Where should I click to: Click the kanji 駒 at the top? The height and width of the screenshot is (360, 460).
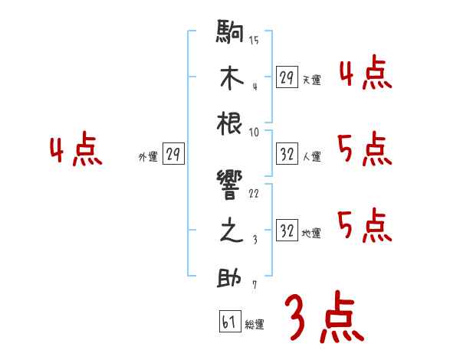(x=230, y=33)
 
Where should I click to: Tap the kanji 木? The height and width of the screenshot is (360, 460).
(x=230, y=79)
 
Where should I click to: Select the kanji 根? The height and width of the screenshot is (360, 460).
(x=230, y=124)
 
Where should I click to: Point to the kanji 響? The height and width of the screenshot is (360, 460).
(x=230, y=186)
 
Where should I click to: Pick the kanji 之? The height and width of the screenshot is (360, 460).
(x=230, y=232)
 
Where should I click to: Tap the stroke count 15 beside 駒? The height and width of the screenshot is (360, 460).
(x=255, y=41)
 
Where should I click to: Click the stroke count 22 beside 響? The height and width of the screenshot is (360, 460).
(x=254, y=194)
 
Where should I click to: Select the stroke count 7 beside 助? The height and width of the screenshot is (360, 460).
(x=254, y=286)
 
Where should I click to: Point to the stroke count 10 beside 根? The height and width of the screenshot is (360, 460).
(x=254, y=132)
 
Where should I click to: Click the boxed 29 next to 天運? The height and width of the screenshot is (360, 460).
(x=287, y=77)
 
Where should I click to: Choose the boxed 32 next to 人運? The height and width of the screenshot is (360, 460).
(x=287, y=155)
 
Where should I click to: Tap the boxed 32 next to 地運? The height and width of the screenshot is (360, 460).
(x=287, y=231)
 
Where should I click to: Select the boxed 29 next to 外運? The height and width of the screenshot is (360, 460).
(x=172, y=155)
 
